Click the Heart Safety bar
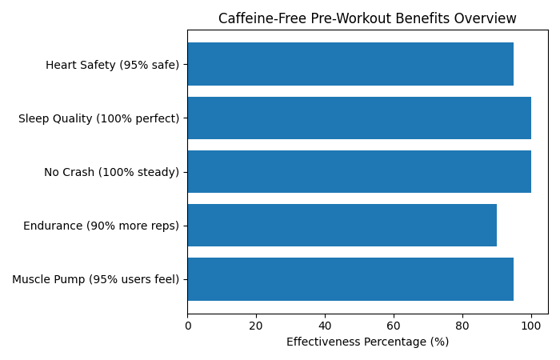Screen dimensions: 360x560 click(x=350, y=64)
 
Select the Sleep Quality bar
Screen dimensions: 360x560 click(x=359, y=118)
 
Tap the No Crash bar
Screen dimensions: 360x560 click(x=359, y=171)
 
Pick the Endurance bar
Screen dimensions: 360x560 click(x=342, y=225)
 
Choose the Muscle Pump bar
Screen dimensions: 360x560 click(x=350, y=278)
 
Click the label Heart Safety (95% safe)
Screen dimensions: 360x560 click(x=112, y=65)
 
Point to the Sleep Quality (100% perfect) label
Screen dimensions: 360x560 click(x=98, y=118)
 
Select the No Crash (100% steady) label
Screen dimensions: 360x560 click(x=111, y=172)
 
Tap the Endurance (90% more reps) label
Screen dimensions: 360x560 click(x=101, y=226)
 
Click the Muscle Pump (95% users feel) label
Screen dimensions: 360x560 click(x=95, y=279)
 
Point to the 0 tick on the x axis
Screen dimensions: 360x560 click(x=188, y=326)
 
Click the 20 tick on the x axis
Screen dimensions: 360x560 click(x=256, y=326)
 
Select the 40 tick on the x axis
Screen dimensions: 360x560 click(x=325, y=326)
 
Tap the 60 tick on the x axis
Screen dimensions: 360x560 click(x=394, y=326)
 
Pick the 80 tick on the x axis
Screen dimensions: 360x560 click(x=462, y=326)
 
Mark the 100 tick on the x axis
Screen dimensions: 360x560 click(x=530, y=326)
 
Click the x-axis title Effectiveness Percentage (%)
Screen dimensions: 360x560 click(x=367, y=342)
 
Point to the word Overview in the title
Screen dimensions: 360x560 click(x=488, y=18)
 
